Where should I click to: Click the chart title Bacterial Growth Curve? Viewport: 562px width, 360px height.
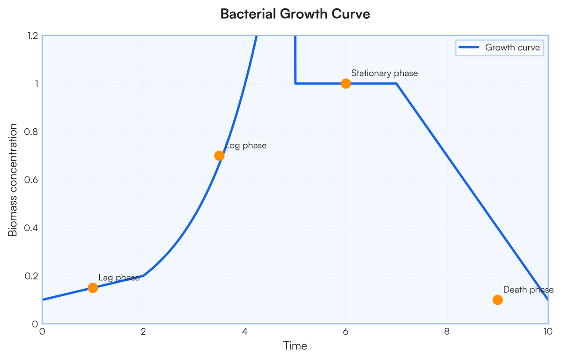[x=295, y=15]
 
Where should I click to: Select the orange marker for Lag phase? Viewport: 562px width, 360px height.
[x=93, y=288]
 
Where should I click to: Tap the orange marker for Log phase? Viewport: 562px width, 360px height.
[x=219, y=156]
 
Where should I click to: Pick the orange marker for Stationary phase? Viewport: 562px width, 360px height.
[x=346, y=84]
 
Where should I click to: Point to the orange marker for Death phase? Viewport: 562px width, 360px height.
[x=498, y=300]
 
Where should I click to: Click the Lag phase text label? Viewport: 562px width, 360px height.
[x=119, y=278]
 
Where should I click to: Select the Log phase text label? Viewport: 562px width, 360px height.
[x=246, y=146]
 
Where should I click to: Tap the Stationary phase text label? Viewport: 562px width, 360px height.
[x=385, y=73]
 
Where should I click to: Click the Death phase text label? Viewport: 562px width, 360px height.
[x=528, y=290]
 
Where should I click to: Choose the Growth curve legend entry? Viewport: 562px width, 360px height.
[x=500, y=47]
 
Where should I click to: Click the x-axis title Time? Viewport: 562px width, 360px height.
[x=295, y=346]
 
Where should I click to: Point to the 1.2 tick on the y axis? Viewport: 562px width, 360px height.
[x=33, y=36]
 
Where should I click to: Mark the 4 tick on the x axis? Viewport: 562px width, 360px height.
[x=244, y=331]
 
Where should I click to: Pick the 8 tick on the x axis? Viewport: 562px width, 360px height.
[x=447, y=331]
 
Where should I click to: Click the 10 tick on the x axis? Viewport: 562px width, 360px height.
[x=547, y=331]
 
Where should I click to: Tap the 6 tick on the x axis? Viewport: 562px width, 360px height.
[x=346, y=331]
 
